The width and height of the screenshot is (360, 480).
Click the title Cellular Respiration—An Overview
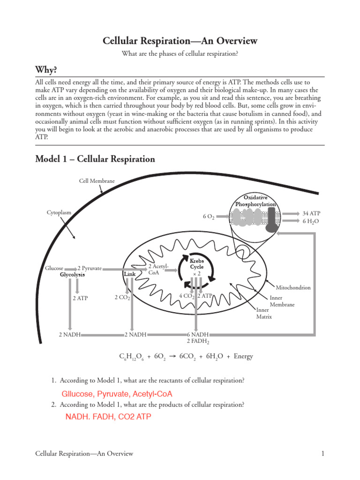click(x=180, y=41)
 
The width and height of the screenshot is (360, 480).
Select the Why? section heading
click(x=46, y=70)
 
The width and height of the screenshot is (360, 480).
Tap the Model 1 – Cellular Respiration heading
click(x=95, y=159)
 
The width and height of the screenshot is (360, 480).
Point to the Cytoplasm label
click(x=59, y=212)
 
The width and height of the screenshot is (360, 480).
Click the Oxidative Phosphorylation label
click(x=255, y=201)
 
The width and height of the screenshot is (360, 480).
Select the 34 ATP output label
click(x=311, y=213)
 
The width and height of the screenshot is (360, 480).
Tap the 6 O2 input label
click(x=209, y=217)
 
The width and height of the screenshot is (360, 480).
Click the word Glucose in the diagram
click(x=54, y=268)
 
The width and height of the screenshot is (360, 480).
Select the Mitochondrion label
click(x=293, y=287)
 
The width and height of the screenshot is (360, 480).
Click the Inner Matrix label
click(x=263, y=313)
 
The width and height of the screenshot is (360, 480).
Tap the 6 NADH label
click(x=197, y=335)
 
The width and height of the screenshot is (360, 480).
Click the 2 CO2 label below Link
click(x=122, y=297)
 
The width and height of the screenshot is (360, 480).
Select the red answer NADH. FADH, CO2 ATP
click(x=108, y=417)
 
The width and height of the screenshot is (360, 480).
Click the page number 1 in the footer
click(x=323, y=453)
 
